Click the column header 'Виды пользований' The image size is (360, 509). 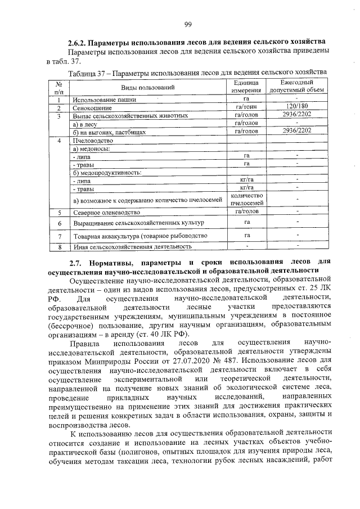pyautogui.click(x=148, y=87)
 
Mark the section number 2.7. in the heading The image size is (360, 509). pyautogui.click(x=77, y=262)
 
